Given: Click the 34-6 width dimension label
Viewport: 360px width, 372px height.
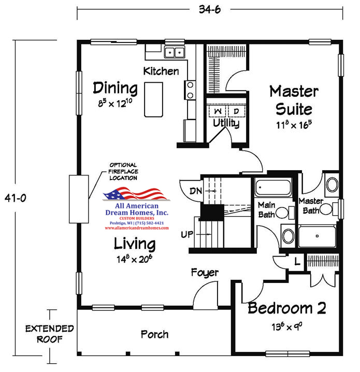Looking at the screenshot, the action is click(x=210, y=9).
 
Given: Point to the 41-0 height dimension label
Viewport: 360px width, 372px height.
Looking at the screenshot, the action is click(x=16, y=198).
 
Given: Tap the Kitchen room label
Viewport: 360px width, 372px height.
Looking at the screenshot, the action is click(x=161, y=71).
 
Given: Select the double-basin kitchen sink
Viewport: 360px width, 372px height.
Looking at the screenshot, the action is click(x=175, y=52).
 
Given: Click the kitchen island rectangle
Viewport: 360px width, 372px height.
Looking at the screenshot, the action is click(x=154, y=99).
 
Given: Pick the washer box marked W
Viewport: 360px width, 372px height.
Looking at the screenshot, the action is click(x=218, y=111).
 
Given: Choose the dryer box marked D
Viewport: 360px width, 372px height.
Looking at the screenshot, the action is click(x=236, y=111).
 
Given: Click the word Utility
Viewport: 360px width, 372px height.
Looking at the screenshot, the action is click(x=226, y=123).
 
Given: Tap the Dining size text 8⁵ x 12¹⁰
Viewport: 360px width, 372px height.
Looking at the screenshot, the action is click(x=115, y=103).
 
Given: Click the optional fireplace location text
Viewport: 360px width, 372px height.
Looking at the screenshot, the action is click(x=123, y=171).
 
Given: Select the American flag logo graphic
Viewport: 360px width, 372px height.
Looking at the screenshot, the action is click(x=136, y=194).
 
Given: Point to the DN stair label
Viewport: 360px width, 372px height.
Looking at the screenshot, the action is click(x=196, y=191).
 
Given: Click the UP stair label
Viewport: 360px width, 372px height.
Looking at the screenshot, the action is click(x=187, y=234).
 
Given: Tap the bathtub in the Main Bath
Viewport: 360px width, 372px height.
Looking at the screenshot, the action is click(x=273, y=187).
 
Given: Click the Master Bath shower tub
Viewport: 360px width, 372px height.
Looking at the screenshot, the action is click(x=317, y=236).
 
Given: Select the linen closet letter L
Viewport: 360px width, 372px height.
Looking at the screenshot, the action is click(x=297, y=261).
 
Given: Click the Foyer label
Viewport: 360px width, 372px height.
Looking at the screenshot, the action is click(x=205, y=273).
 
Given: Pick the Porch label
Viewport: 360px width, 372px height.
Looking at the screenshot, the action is click(x=154, y=334).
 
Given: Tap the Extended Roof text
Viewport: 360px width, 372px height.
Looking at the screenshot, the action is click(x=49, y=334).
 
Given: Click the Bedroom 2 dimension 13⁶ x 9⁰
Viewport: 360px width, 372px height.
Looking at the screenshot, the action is click(x=287, y=326).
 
